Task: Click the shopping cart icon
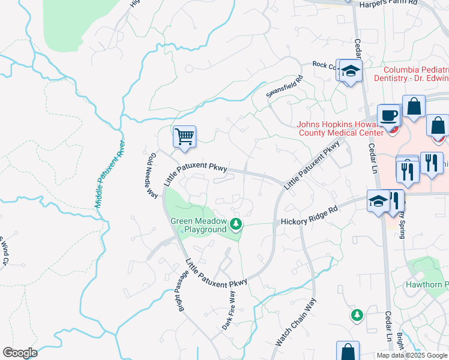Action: (184, 136)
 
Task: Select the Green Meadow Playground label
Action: (198, 225)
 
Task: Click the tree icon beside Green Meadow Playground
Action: (237, 224)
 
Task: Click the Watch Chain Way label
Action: (295, 323)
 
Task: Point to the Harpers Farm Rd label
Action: (387, 3)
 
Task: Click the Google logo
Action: (20, 353)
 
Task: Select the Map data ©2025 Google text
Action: (412, 355)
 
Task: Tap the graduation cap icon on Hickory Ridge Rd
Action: (379, 201)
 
